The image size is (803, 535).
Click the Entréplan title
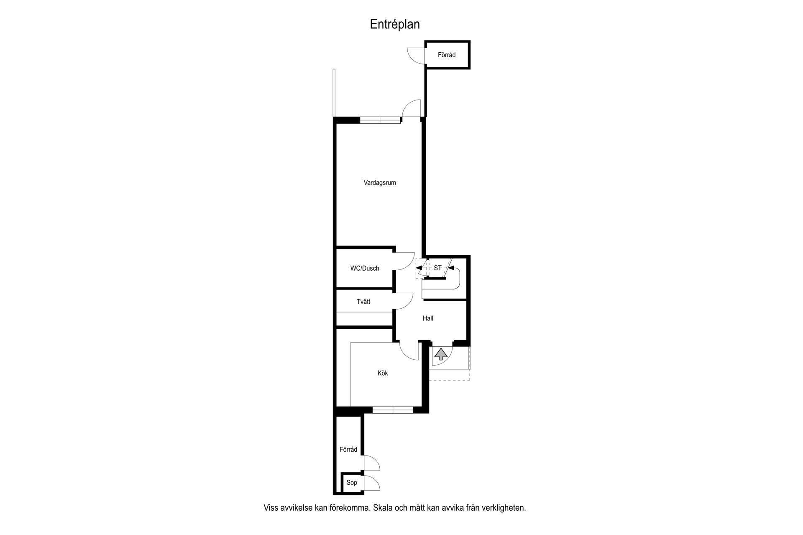click(x=395, y=25)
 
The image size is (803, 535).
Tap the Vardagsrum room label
click(x=380, y=183)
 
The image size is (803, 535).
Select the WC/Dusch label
click(x=365, y=269)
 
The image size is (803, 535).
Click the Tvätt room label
click(x=363, y=302)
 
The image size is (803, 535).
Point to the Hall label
click(x=428, y=318)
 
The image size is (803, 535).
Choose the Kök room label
click(x=383, y=373)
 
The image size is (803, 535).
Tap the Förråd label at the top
click(x=447, y=55)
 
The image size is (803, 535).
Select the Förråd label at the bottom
click(x=348, y=449)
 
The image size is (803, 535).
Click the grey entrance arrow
click(x=440, y=355)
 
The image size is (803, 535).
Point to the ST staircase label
click(x=437, y=268)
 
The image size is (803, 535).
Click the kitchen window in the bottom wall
click(x=393, y=410)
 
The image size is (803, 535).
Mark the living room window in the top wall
click(x=380, y=120)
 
